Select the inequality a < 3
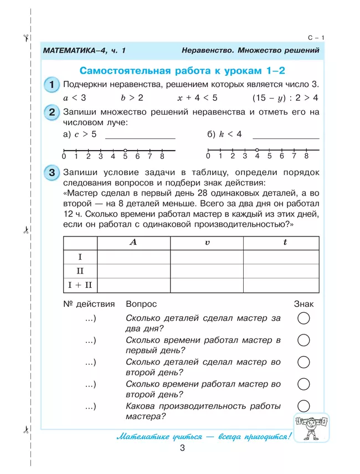(75, 98)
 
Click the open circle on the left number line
(125, 150)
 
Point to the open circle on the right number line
(257, 150)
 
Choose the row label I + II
(80, 285)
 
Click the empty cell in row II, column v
(207, 271)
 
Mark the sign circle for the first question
(304, 318)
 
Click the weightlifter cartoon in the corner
(311, 426)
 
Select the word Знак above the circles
(304, 304)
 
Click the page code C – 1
(315, 38)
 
